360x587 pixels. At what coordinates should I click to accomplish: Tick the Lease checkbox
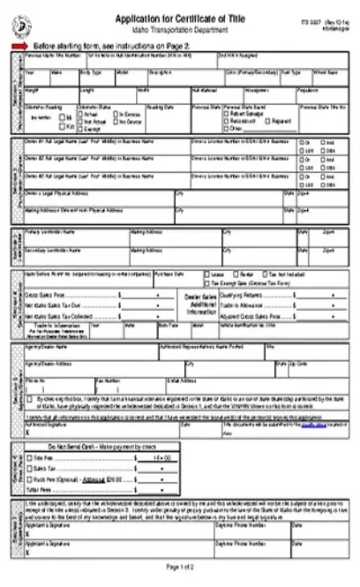tap(207, 298)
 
